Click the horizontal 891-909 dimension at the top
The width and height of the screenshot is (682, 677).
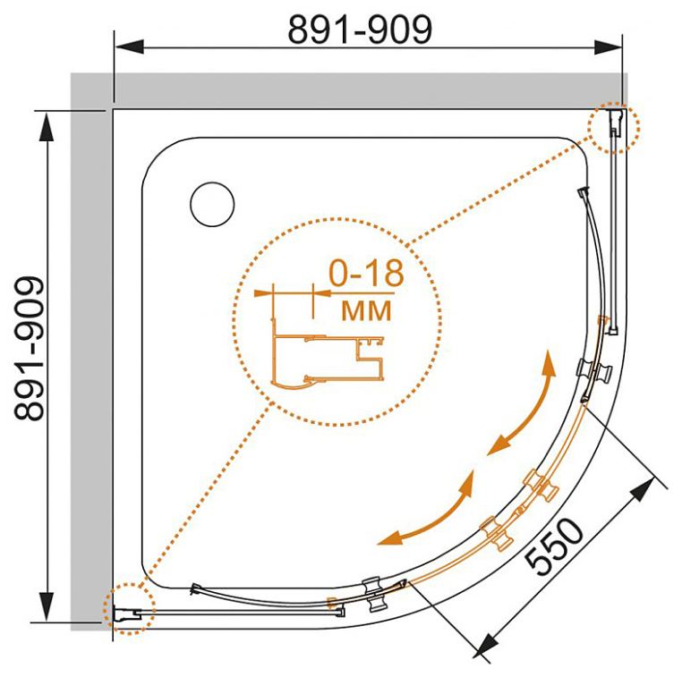tap(360, 30)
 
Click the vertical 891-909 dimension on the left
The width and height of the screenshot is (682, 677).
tap(30, 348)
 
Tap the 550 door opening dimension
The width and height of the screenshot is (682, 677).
tap(554, 546)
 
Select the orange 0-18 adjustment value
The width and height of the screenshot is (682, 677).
tap(366, 274)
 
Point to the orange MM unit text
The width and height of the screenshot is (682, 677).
tap(366, 310)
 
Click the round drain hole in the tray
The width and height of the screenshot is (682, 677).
tap(212, 204)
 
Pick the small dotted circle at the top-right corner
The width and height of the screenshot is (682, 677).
tap(614, 127)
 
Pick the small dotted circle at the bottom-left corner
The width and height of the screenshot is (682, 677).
tap(130, 609)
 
